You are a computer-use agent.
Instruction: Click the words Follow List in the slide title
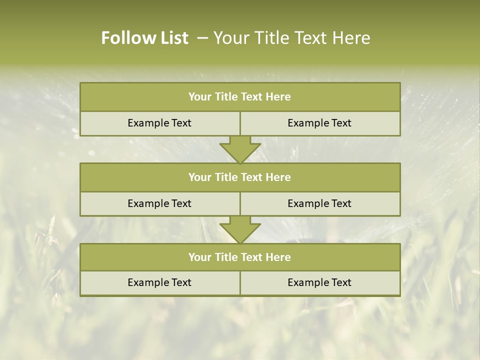(144, 38)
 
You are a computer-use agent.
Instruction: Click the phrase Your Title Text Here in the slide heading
(291, 38)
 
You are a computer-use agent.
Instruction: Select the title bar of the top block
(240, 97)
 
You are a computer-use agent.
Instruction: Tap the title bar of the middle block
(240, 177)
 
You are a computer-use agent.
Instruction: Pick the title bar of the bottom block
(240, 257)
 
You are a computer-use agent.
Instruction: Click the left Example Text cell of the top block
(159, 123)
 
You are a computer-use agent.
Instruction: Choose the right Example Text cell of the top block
(320, 123)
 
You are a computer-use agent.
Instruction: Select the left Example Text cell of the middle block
(159, 203)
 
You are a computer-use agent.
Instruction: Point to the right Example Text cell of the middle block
(320, 203)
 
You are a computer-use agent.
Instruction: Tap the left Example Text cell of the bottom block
(159, 282)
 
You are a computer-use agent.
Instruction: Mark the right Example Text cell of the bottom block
(320, 282)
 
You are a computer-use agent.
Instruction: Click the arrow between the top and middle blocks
(240, 149)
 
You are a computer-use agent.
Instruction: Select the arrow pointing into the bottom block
(240, 230)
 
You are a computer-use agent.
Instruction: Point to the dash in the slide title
(202, 38)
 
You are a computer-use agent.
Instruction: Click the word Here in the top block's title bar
(278, 97)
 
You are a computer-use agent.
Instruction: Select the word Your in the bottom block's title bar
(199, 257)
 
